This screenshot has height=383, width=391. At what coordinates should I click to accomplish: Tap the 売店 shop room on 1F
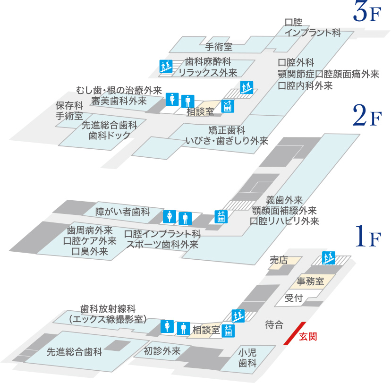[279, 260]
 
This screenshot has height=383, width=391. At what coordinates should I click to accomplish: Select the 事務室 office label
[310, 281]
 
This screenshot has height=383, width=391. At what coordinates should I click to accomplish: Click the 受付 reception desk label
[294, 298]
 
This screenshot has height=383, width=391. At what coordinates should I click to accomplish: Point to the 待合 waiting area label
[274, 324]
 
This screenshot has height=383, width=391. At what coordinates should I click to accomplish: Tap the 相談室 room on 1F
[206, 330]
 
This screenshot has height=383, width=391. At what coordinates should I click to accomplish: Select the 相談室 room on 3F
[200, 112]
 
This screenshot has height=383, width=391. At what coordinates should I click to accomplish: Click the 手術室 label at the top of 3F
[219, 47]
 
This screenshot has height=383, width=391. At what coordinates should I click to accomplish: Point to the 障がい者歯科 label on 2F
[122, 211]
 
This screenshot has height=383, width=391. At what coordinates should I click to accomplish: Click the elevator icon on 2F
[221, 216]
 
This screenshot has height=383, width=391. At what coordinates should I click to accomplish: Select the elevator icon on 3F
[228, 106]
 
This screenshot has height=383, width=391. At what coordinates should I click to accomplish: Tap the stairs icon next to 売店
[328, 258]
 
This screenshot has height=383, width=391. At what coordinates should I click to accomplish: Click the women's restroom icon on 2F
[169, 217]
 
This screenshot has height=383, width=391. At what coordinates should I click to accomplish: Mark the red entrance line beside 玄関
[293, 333]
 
